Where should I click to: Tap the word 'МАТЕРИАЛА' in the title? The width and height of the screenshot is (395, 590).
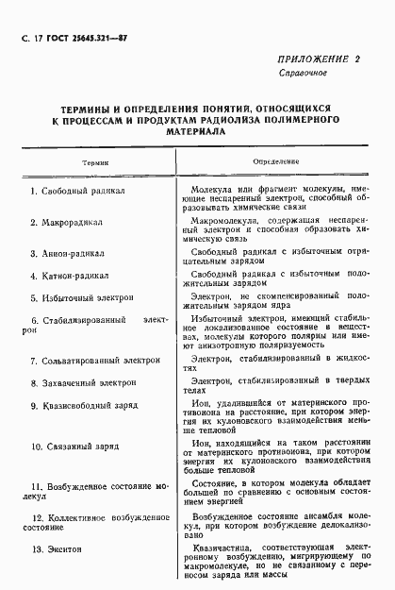197,134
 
